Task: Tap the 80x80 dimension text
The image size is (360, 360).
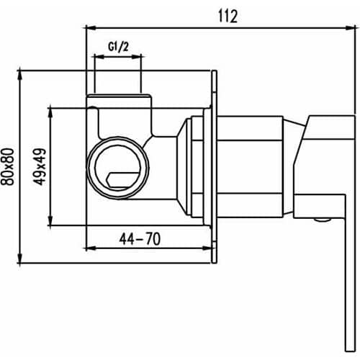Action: coord(8,166)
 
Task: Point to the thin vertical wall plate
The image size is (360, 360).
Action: coord(215,166)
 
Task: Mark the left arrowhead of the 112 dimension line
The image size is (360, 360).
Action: coord(89,27)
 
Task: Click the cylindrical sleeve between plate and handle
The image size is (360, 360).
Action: coord(252,165)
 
